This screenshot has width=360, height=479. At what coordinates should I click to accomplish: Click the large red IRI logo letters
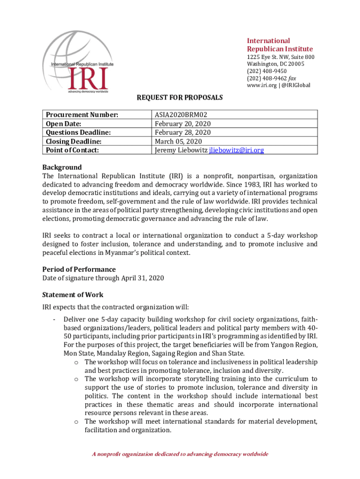coord(88,78)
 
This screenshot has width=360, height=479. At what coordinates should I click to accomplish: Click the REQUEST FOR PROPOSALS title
coord(180,98)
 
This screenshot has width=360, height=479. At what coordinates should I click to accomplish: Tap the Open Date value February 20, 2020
coord(183,123)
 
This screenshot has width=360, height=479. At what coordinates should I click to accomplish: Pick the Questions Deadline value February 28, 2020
coord(183,132)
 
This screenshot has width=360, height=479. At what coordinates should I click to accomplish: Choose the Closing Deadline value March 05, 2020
coord(178,141)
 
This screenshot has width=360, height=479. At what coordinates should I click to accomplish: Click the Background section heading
coord(62,167)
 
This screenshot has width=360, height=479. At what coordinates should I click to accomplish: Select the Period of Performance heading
coord(79,269)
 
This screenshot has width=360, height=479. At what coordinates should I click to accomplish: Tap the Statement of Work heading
coord(73,295)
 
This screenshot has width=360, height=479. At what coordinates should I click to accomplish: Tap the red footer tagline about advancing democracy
coord(180,454)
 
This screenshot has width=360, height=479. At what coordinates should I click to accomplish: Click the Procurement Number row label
coord(81,115)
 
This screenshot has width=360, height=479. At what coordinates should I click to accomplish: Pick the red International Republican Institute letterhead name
coord(280,45)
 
